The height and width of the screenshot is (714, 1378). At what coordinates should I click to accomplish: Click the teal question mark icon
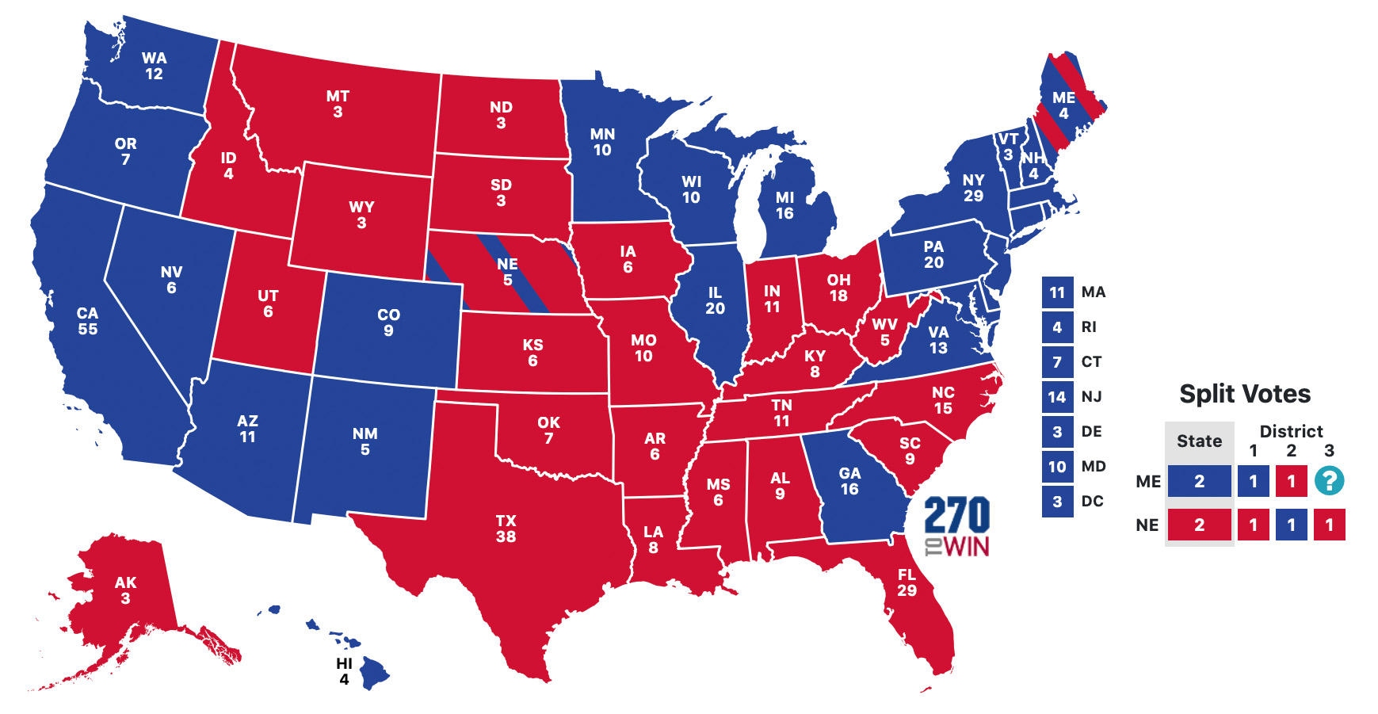point(1329,481)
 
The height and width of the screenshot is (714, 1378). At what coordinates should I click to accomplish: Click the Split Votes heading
point(1244,394)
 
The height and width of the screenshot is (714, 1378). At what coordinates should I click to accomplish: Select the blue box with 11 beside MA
point(1057,292)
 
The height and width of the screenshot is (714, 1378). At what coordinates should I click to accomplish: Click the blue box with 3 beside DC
point(1057,502)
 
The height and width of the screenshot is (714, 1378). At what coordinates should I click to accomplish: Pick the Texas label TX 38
point(506,529)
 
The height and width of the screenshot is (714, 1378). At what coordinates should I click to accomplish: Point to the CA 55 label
point(87,321)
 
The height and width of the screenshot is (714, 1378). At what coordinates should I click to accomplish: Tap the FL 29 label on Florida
point(907,582)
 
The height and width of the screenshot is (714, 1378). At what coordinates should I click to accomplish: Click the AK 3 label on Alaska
point(125,590)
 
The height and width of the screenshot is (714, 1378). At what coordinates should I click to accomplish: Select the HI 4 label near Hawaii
point(344,671)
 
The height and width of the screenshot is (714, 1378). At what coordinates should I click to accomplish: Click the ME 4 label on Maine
point(1063,105)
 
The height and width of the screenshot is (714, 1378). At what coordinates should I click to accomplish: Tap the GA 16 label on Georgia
point(849,481)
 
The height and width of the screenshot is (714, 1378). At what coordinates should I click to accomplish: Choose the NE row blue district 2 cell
point(1291,525)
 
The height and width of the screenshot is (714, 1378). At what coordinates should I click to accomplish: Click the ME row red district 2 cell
point(1291,481)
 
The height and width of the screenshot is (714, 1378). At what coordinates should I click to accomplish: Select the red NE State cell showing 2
point(1199,525)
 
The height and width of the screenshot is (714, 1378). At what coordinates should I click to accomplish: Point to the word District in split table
point(1291,431)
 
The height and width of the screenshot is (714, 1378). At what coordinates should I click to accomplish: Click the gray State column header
point(1199,441)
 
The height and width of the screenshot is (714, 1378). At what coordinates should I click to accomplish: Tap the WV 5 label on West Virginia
point(884,332)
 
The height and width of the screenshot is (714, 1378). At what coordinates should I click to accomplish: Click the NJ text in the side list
point(1091,397)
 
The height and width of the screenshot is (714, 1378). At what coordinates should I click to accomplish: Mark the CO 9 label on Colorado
point(388,323)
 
